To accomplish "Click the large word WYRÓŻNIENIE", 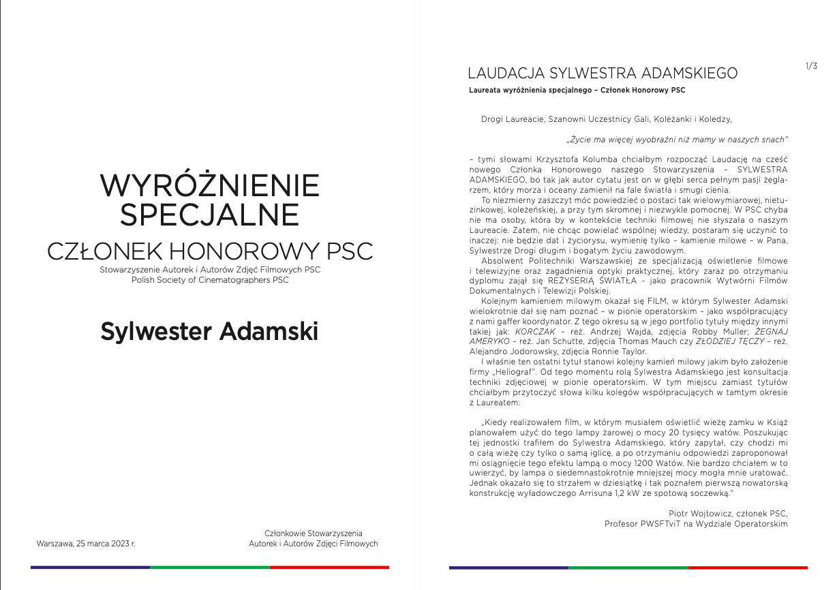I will pyautogui.click(x=209, y=185).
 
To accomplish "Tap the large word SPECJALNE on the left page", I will pyautogui.click(x=209, y=215).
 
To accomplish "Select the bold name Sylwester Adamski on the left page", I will pyautogui.click(x=209, y=332).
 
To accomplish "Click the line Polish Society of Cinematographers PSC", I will pyautogui.click(x=210, y=281).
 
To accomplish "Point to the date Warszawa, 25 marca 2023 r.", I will pyautogui.click(x=86, y=544).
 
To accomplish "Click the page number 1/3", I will pyautogui.click(x=811, y=66).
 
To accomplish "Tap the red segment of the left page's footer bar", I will pyautogui.click(x=329, y=567).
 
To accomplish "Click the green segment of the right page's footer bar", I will pyautogui.click(x=628, y=567).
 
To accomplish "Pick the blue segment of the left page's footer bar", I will pyautogui.click(x=90, y=567).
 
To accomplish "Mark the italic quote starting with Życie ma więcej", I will pyautogui.click(x=677, y=139).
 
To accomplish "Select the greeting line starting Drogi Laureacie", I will pyautogui.click(x=606, y=119).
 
